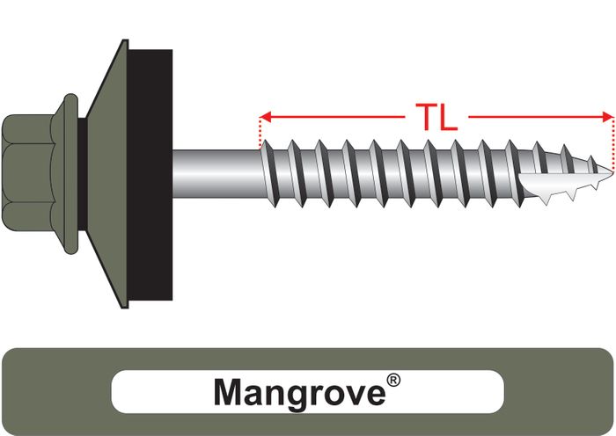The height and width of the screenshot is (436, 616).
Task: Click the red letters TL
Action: point(436,117)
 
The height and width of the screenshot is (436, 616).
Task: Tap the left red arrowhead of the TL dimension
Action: point(265,117)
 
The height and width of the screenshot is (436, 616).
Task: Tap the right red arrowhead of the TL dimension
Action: point(608,117)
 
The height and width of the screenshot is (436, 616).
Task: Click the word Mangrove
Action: point(299,393)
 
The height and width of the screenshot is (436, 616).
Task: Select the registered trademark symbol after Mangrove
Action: point(393,381)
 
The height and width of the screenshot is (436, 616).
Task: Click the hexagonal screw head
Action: point(28,173)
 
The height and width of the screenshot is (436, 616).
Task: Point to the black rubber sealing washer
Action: point(150,175)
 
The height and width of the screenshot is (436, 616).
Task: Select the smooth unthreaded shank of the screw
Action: point(216,173)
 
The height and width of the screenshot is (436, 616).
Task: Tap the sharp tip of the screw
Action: point(612,172)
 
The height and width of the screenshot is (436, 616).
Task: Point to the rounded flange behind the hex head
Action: point(70,174)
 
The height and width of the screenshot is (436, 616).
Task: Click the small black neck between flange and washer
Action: point(82,174)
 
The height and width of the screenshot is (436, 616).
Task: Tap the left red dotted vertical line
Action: point(260,134)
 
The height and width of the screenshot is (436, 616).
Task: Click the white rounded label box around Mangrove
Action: point(308,392)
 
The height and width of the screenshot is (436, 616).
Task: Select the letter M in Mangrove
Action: point(231,392)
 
